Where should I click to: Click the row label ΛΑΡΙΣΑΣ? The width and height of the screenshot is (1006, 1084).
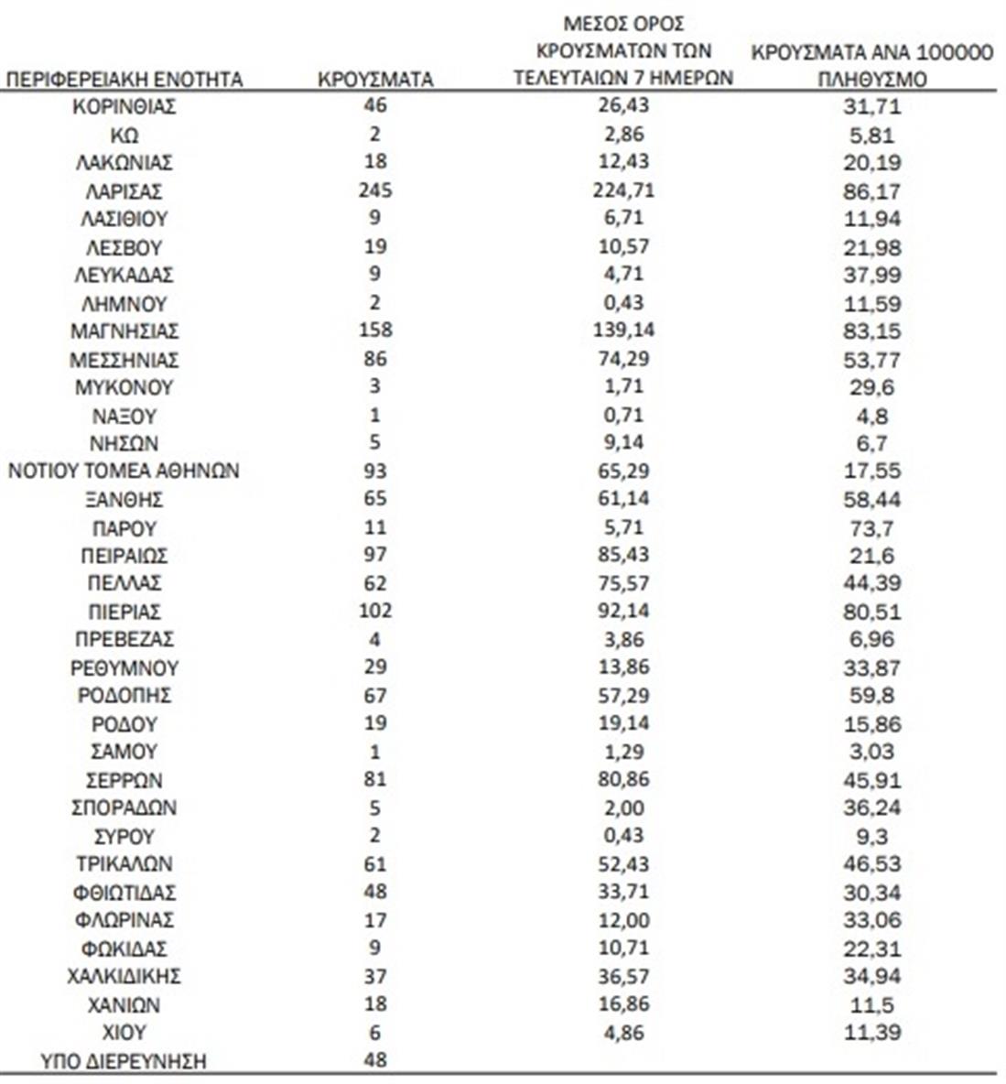pyautogui.click(x=124, y=190)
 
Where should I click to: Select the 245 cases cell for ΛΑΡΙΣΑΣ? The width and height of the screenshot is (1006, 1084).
pyautogui.click(x=375, y=190)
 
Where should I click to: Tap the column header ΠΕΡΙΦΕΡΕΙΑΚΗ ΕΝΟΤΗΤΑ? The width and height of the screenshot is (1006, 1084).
pyautogui.click(x=124, y=79)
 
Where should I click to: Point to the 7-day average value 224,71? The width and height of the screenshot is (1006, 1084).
pyautogui.click(x=623, y=190)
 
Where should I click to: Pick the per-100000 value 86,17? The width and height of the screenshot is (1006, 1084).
pyautogui.click(x=871, y=191)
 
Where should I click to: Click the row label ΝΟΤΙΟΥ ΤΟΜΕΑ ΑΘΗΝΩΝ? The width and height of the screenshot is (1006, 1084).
pyautogui.click(x=124, y=471)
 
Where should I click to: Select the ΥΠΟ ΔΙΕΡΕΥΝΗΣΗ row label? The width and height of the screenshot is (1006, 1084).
pyautogui.click(x=124, y=1061)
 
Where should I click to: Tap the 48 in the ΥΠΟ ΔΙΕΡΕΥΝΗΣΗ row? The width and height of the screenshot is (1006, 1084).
pyautogui.click(x=375, y=1059)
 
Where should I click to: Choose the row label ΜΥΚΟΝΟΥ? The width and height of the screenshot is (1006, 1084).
pyautogui.click(x=124, y=386)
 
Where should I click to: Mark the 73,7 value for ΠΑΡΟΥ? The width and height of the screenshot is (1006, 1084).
pyautogui.click(x=871, y=527)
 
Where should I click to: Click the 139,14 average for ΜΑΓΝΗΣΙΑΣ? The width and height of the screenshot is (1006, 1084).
pyautogui.click(x=623, y=330)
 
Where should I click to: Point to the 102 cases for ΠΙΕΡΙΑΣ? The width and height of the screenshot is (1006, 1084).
pyautogui.click(x=375, y=611)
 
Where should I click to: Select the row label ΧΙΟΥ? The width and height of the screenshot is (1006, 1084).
pyautogui.click(x=124, y=1032)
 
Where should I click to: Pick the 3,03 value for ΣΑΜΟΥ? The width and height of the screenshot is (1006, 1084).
pyautogui.click(x=871, y=752)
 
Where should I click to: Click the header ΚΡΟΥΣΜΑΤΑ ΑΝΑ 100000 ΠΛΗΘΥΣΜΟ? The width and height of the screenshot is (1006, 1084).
pyautogui.click(x=871, y=65)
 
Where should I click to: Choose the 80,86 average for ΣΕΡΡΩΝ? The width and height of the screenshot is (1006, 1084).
pyautogui.click(x=623, y=779)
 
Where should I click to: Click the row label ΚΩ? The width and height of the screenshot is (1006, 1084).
pyautogui.click(x=124, y=135)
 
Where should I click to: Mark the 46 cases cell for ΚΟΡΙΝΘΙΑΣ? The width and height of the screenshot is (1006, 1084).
pyautogui.click(x=375, y=105)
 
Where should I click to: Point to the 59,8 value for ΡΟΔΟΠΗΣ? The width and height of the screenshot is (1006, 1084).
pyautogui.click(x=871, y=696)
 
